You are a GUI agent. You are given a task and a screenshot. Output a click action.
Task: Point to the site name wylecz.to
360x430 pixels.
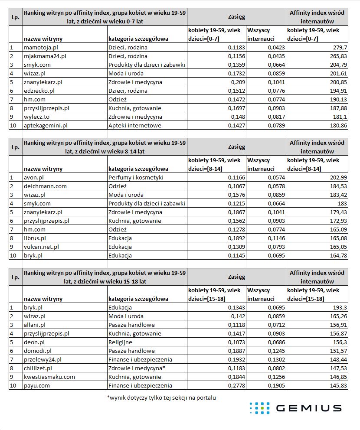pos(36,117)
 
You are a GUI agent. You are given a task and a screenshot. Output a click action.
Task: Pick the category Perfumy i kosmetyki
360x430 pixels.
pos(136,178)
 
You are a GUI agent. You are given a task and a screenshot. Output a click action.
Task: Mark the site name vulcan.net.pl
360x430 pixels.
pos(42,247)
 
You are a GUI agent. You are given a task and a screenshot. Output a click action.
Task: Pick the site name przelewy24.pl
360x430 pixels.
pos(43,360)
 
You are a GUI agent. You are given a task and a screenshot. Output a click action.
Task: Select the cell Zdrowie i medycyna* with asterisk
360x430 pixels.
pos(137,368)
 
